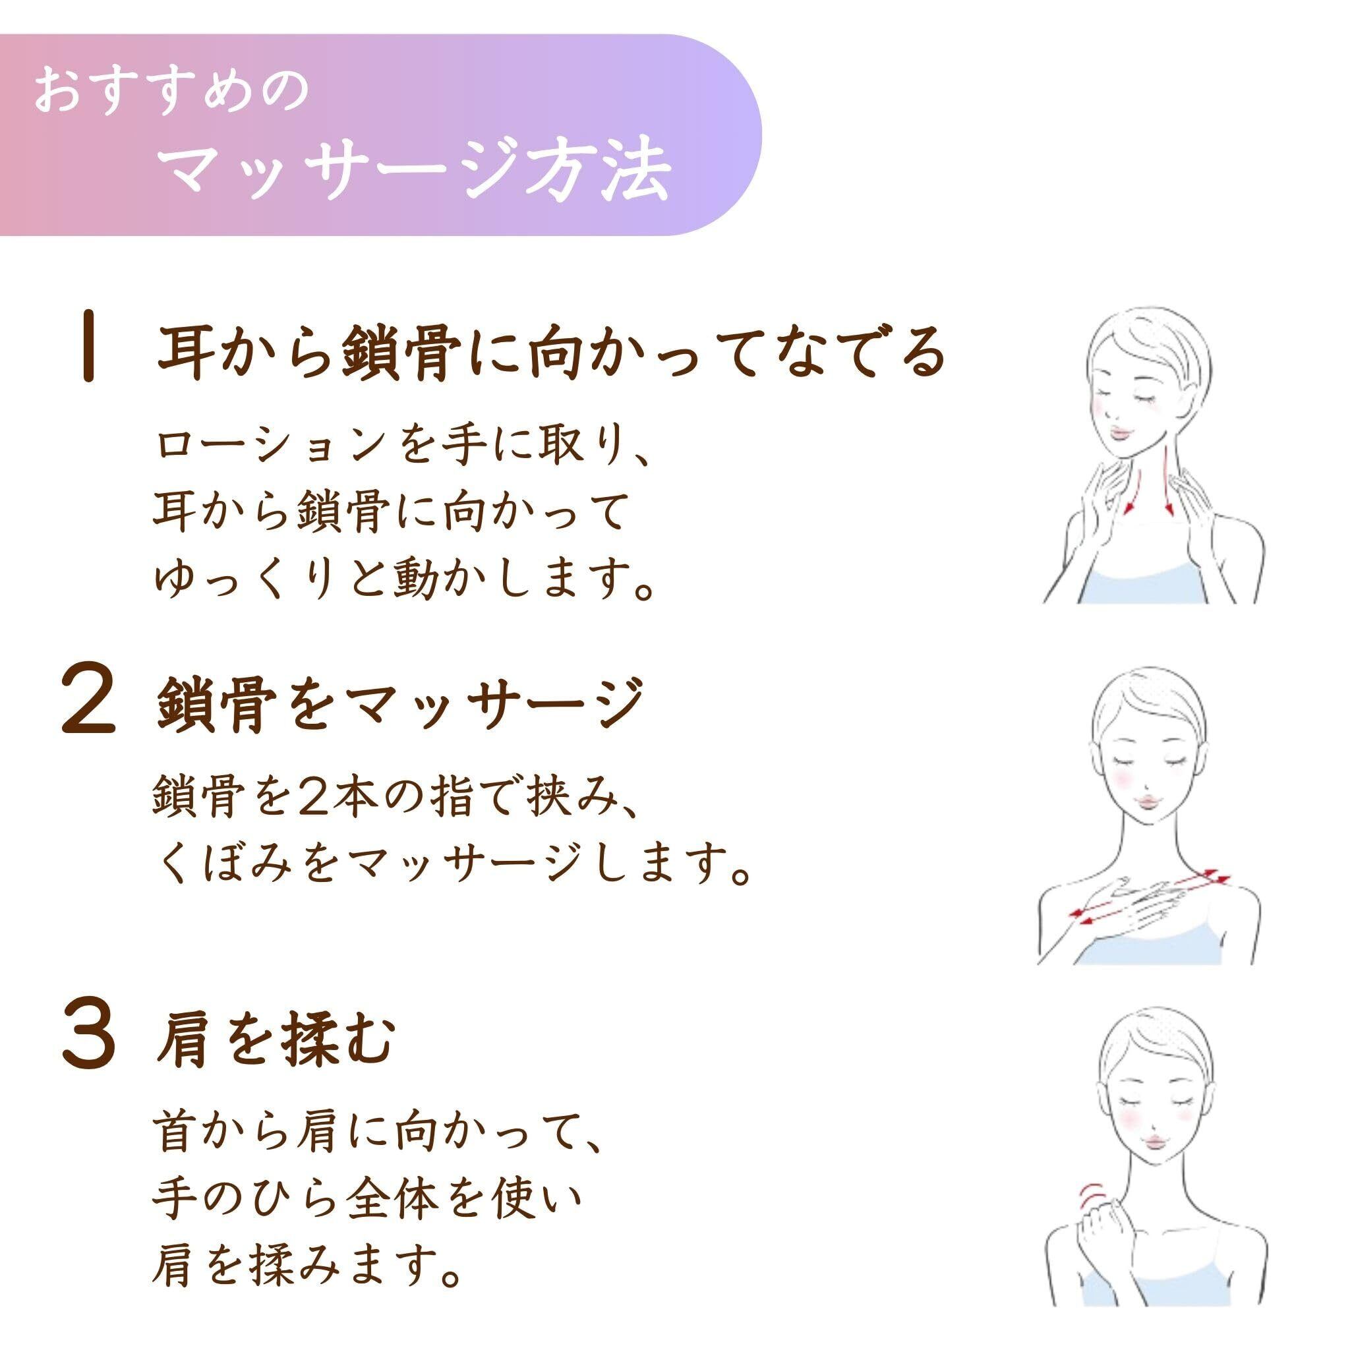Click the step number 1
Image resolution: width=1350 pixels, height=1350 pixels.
coord(88,357)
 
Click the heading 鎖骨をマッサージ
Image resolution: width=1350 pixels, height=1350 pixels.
coord(398,707)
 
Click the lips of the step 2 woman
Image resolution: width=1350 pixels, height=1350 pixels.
coord(1148,799)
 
